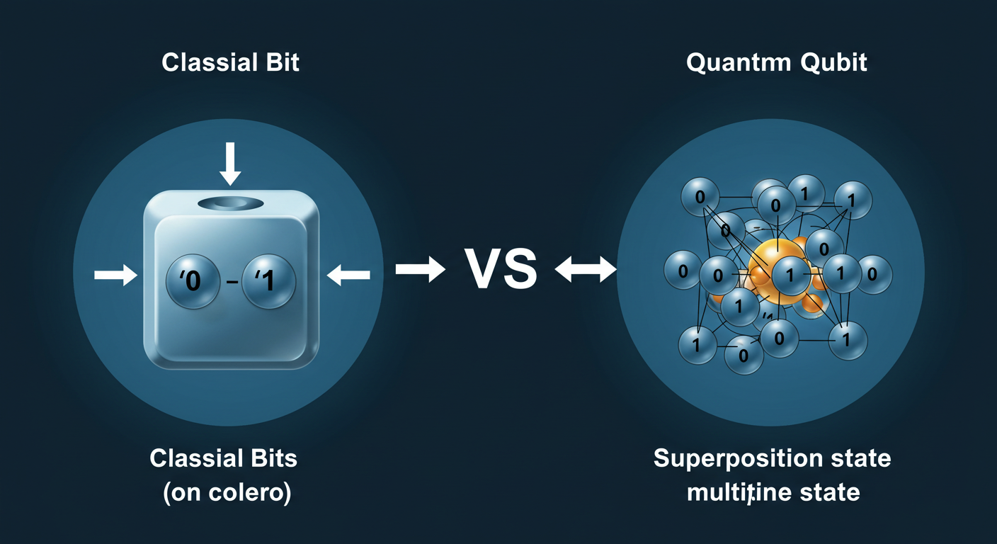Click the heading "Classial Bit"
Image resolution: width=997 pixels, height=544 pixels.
tap(230, 62)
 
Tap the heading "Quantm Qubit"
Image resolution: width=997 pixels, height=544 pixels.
tap(776, 62)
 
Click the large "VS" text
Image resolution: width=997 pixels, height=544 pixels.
tap(499, 269)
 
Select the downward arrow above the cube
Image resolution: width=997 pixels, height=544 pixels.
tap(230, 163)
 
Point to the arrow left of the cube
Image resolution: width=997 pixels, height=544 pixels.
tap(115, 275)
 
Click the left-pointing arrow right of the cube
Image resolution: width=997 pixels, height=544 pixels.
tap(348, 275)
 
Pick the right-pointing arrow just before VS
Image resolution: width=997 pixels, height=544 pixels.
tap(419, 269)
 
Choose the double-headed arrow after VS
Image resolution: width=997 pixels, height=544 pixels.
tap(586, 269)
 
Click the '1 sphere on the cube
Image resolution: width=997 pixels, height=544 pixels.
tap(268, 281)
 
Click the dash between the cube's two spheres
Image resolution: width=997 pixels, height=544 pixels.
tap(231, 283)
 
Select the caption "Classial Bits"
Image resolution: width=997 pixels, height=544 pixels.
tap(224, 458)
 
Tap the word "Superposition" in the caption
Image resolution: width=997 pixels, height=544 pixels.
tap(734, 459)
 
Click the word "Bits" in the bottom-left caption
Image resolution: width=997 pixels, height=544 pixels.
tap(271, 458)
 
